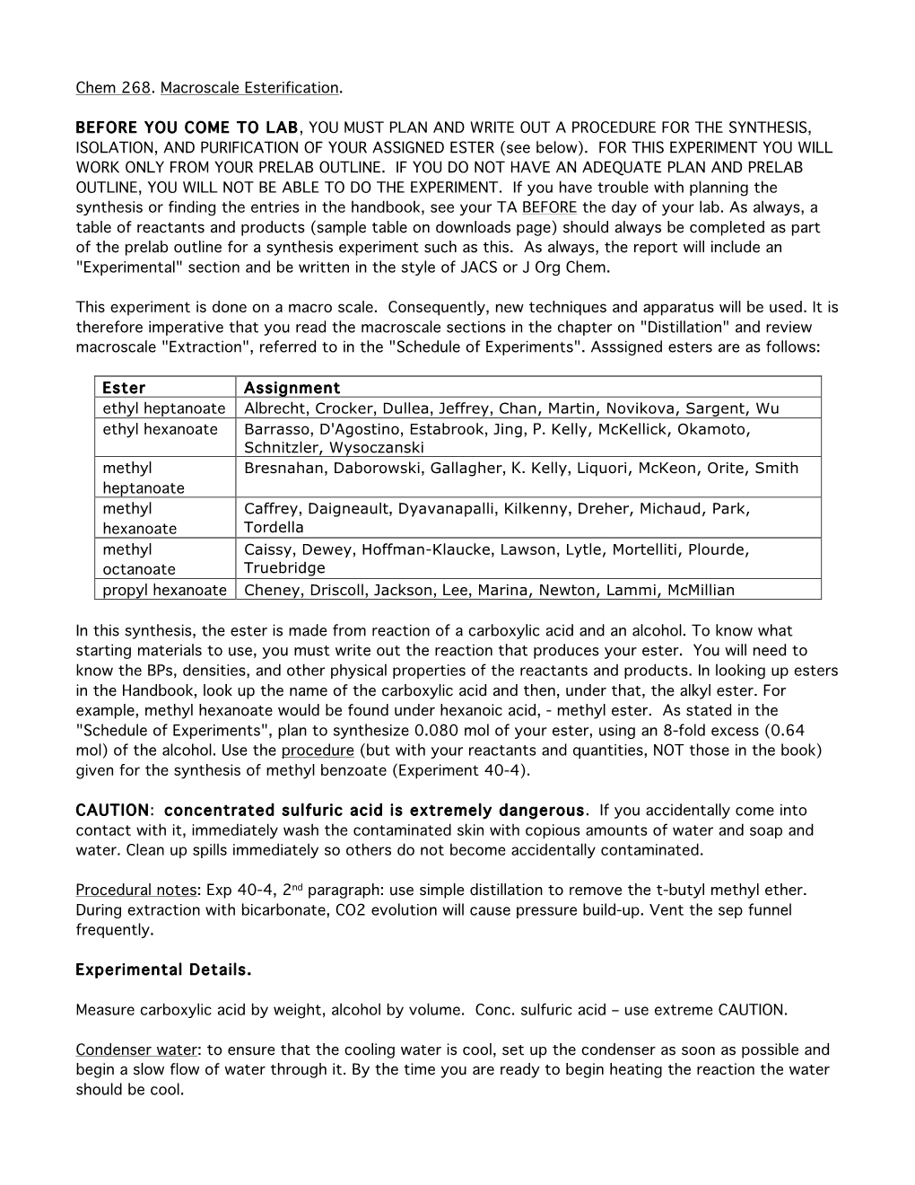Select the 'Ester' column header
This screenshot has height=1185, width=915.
click(x=124, y=388)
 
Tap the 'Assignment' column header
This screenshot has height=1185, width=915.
click(x=292, y=388)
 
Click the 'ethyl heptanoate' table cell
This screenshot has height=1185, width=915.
click(x=164, y=408)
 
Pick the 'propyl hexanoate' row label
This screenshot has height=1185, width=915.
click(x=164, y=590)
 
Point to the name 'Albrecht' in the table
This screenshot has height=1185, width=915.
click(x=275, y=408)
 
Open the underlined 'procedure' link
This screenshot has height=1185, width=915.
click(x=318, y=750)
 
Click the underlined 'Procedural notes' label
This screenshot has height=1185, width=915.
click(x=135, y=891)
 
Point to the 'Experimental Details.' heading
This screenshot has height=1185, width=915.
click(x=163, y=970)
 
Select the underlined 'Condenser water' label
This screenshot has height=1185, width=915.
click(x=135, y=1050)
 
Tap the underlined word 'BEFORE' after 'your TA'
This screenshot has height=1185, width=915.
click(x=549, y=207)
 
